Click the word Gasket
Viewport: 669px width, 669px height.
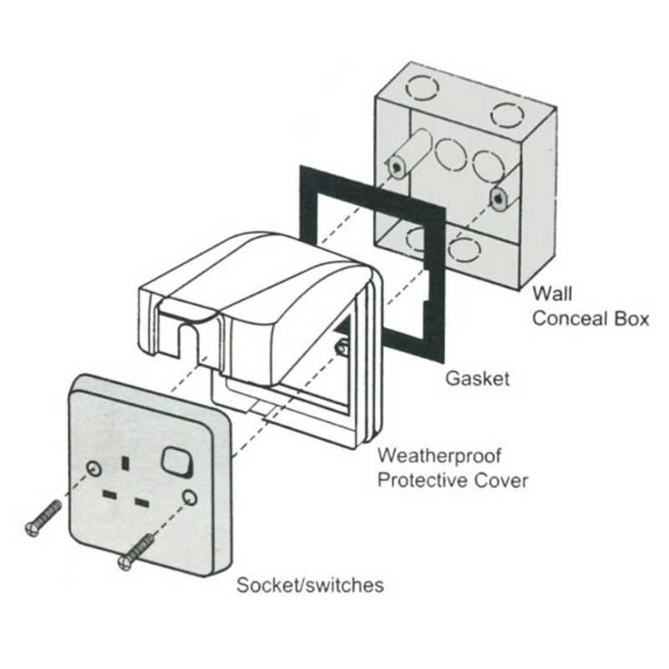(477, 379)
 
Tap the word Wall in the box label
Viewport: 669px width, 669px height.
(552, 294)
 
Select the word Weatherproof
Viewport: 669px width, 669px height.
(439, 456)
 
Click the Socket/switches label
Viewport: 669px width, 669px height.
(310, 585)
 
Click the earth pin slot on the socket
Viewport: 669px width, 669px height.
(125, 463)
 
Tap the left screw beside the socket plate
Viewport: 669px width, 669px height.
(43, 518)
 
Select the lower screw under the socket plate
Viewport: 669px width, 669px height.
(136, 552)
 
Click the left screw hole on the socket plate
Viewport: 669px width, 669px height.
(94, 468)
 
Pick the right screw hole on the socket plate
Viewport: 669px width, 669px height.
(190, 498)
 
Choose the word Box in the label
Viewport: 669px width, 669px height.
(631, 319)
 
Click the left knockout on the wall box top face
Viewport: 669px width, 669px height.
(422, 88)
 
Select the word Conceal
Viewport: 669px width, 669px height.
(569, 319)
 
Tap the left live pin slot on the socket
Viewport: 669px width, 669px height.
(110, 495)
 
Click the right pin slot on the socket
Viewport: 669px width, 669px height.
(141, 503)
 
